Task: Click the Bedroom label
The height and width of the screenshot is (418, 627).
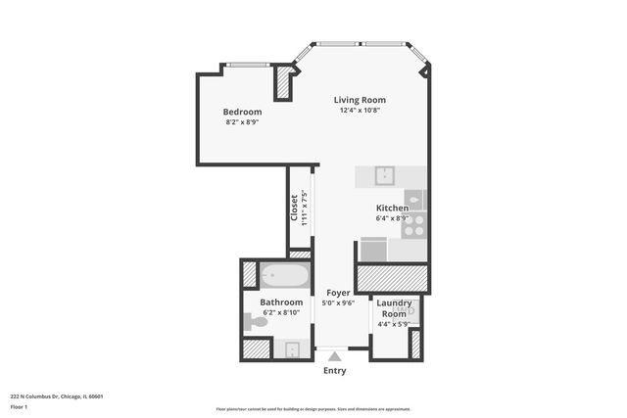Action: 242,112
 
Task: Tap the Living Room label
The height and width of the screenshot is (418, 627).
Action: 360,100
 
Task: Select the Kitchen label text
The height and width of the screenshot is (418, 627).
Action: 392,208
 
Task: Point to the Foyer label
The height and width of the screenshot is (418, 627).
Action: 337,293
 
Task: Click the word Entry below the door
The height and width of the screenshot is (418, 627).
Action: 335,371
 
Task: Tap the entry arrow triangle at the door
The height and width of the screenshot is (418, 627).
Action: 335,355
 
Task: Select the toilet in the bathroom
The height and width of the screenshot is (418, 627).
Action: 256,321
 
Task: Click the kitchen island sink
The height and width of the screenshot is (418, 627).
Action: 385,175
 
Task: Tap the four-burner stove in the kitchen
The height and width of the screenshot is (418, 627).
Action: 414,225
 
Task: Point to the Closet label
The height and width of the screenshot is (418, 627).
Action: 294,207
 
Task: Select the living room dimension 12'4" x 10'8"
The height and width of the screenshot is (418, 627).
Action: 360,111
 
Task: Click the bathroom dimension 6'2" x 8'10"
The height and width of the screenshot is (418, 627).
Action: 280,313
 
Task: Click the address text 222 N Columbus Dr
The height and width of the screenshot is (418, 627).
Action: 57,396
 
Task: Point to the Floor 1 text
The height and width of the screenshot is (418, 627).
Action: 20,406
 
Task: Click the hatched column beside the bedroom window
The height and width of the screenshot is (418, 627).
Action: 284,82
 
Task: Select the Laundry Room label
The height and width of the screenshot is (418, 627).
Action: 395,308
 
